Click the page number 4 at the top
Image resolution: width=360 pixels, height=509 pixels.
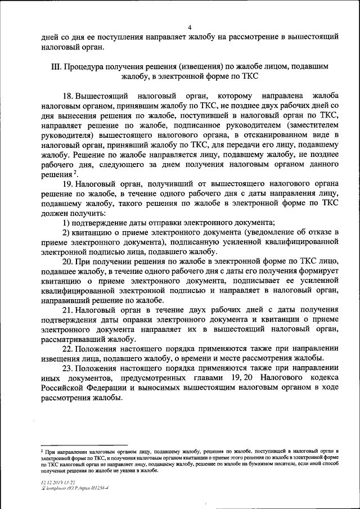[x=190, y=28]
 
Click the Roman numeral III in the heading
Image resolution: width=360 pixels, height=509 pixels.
[x=56, y=67]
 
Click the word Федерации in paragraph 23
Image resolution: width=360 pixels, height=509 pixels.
[x=104, y=388]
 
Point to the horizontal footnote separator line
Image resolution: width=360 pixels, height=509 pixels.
[x=76, y=444]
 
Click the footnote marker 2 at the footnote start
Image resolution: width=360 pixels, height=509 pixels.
[x=42, y=451]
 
